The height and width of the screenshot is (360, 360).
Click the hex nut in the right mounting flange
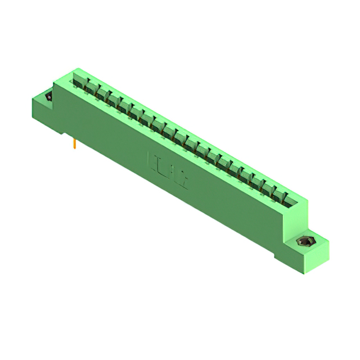pos(305,242)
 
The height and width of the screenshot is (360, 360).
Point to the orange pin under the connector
pos(75,145)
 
